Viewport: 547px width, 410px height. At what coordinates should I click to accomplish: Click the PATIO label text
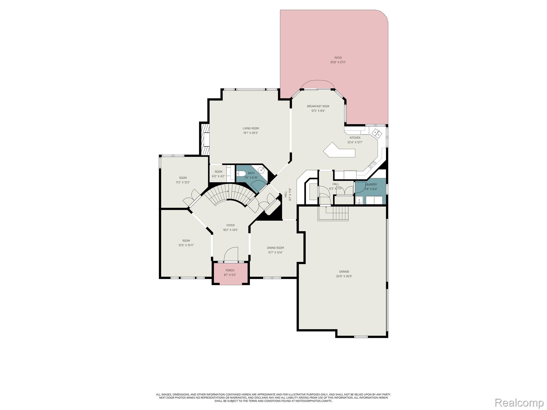[x=338, y=58]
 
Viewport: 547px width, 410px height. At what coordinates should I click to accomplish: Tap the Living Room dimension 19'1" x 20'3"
[x=251, y=133]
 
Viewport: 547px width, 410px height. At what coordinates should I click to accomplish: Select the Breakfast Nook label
[x=318, y=106]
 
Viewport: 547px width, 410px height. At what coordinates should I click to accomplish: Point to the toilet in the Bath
[x=241, y=174]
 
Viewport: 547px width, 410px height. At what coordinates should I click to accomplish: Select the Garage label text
[x=344, y=272]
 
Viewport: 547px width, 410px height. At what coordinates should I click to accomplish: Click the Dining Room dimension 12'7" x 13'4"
[x=275, y=253]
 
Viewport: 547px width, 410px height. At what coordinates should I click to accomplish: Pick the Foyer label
[x=230, y=225]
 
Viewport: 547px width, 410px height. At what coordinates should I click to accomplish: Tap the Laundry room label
[x=371, y=184]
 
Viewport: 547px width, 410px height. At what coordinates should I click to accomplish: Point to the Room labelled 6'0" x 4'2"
[x=218, y=174]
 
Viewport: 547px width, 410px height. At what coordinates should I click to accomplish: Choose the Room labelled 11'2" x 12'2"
[x=183, y=180]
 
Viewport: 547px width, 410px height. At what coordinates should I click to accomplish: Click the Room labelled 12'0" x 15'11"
[x=186, y=243]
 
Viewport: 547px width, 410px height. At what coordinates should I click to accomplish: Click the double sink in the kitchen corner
[x=377, y=133]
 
